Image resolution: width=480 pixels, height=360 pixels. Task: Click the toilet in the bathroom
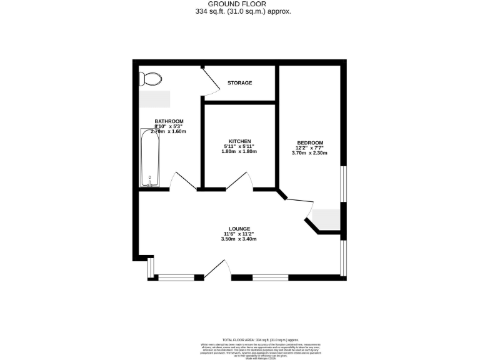tap(150, 79)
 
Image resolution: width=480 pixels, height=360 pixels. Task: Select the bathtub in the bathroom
tap(150, 157)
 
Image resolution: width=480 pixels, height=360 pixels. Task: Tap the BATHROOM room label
tap(169, 121)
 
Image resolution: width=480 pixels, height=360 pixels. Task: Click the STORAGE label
tap(239, 82)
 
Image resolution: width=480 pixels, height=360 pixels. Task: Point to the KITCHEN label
tap(240, 141)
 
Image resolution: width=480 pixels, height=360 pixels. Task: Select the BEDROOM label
tap(310, 143)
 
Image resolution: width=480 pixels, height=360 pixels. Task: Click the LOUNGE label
tap(239, 229)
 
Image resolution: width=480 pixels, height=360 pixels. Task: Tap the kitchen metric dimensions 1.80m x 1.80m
tap(240, 152)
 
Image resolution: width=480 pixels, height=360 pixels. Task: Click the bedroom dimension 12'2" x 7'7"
tap(310, 148)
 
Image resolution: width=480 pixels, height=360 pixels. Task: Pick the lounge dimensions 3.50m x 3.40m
tap(239, 239)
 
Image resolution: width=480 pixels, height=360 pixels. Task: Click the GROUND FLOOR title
tap(240, 4)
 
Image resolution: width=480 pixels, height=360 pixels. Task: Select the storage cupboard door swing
tap(210, 84)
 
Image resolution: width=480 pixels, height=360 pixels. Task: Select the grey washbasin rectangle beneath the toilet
tap(154, 99)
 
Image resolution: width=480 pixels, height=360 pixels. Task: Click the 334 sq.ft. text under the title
tap(240, 11)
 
